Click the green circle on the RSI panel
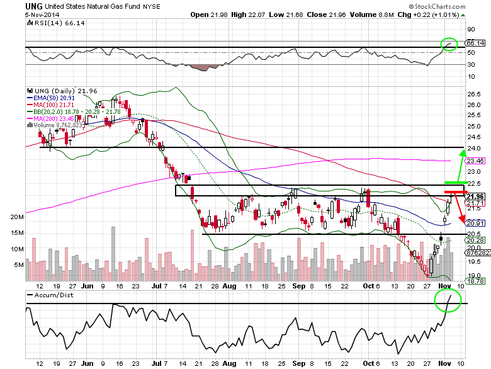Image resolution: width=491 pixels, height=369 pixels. (x=449, y=44)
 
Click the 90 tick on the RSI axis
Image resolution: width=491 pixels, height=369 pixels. (x=470, y=29)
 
